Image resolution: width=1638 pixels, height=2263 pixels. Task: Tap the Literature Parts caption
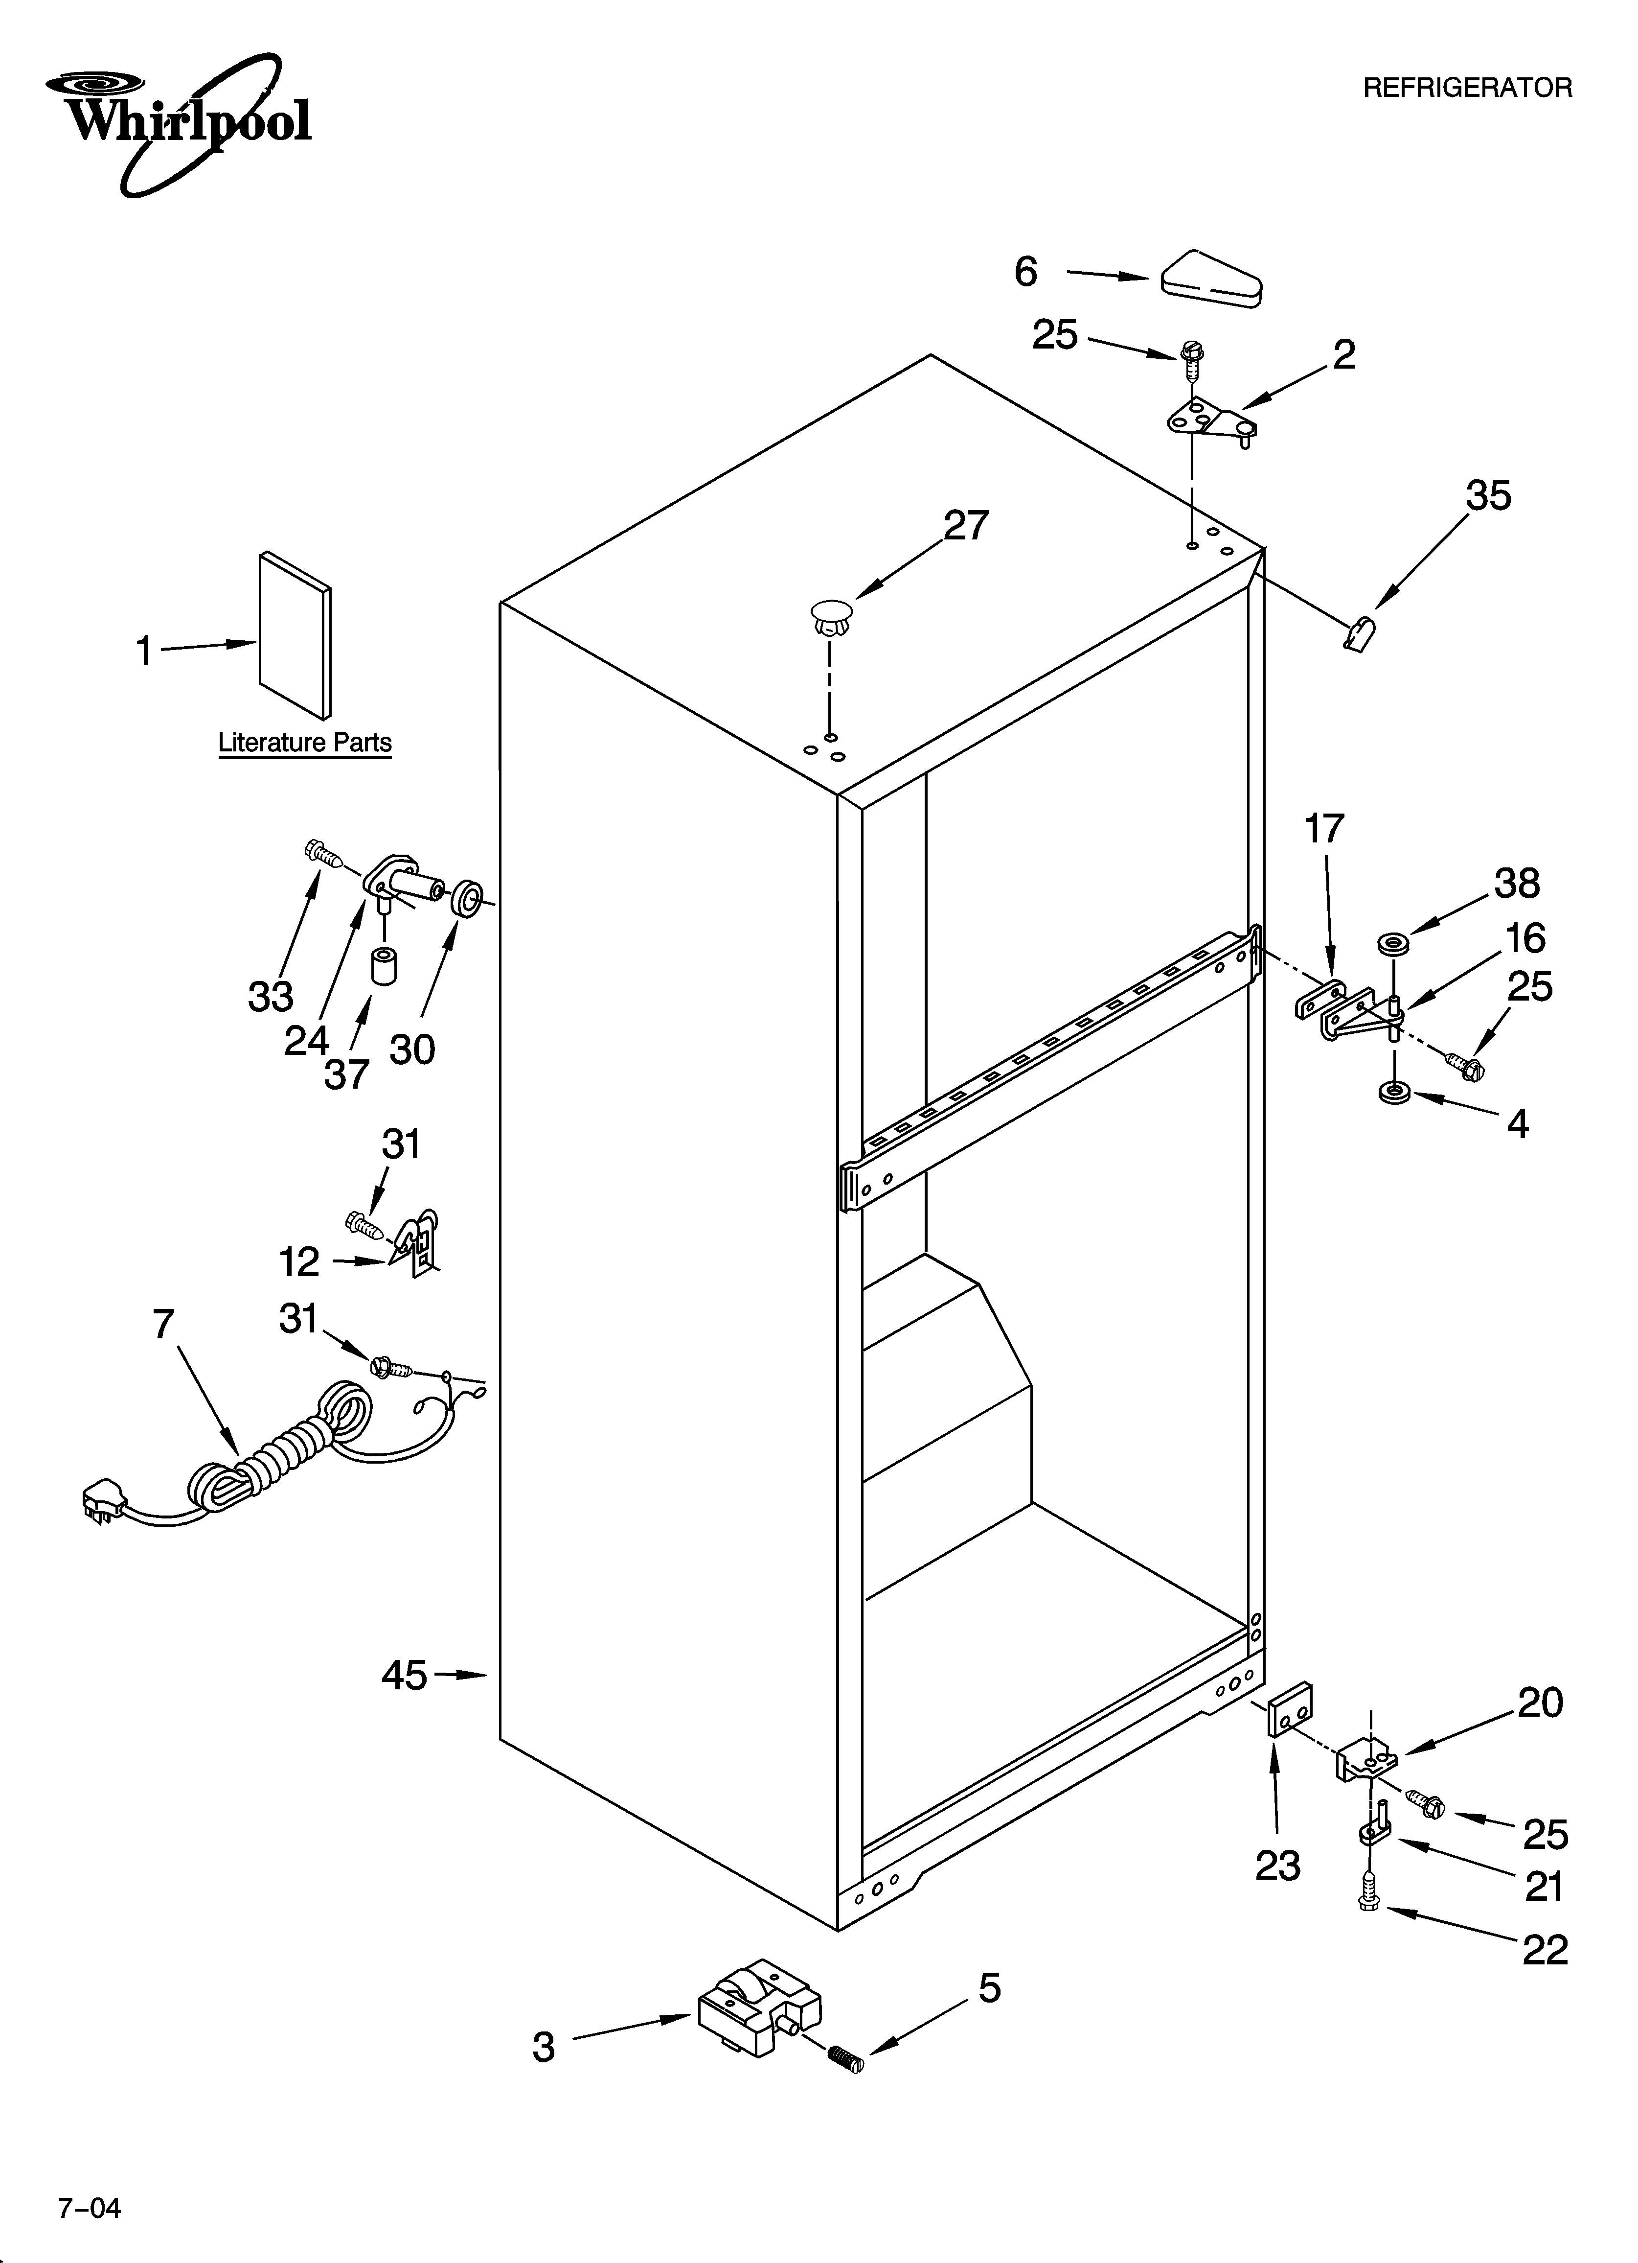click(304, 743)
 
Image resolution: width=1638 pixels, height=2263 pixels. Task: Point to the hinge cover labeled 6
click(1211, 275)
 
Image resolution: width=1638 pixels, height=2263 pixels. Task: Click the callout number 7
click(164, 1324)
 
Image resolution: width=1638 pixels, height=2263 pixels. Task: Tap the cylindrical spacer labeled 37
click(384, 966)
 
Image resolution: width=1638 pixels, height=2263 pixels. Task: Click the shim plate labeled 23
click(1290, 1709)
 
